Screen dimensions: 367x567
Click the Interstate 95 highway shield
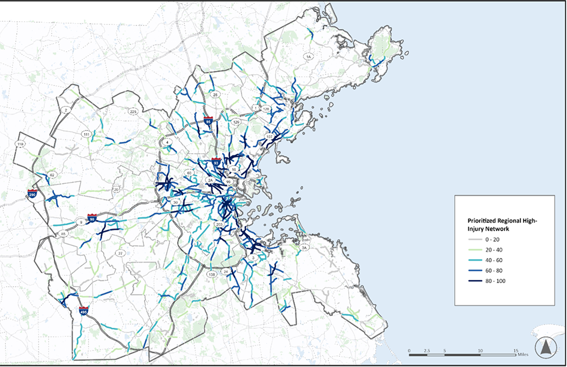pyautogui.click(x=209, y=121)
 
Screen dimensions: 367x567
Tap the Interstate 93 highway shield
pyautogui.click(x=216, y=162)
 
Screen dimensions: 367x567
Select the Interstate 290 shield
pyautogui.click(x=31, y=194)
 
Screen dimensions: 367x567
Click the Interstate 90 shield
pyautogui.click(x=92, y=218)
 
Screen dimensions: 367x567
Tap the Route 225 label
pyautogui.click(x=133, y=111)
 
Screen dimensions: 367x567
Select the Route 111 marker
pyautogui.click(x=86, y=134)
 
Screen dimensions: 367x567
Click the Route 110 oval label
pyautogui.click(x=21, y=145)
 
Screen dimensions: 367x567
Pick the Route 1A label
pyautogui.click(x=308, y=57)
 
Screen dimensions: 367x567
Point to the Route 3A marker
pyautogui.click(x=304, y=248)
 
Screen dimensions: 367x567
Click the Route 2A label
pyautogui.click(x=210, y=180)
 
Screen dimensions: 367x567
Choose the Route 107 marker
pyautogui.click(x=269, y=137)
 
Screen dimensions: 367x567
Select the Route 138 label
pyautogui.click(x=212, y=275)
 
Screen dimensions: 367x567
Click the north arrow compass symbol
pyautogui.click(x=545, y=347)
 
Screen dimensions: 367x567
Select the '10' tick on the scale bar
pyautogui.click(x=480, y=351)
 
